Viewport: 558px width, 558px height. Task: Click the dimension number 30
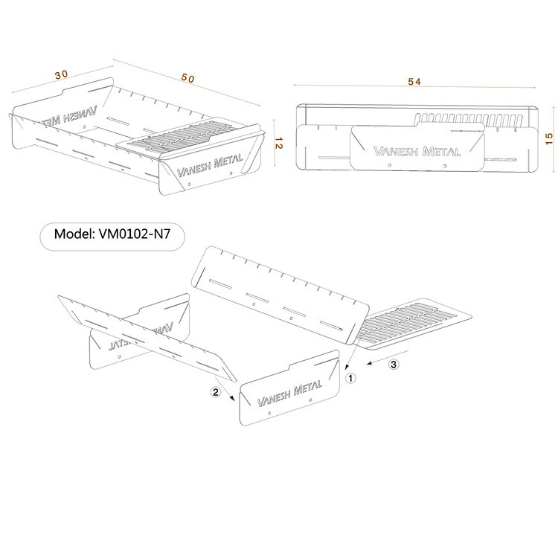click(x=61, y=74)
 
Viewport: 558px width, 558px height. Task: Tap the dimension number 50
click(x=188, y=78)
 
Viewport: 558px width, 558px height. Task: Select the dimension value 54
click(x=414, y=82)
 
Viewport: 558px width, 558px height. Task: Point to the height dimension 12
click(x=279, y=143)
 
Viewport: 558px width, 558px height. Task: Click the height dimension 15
click(x=549, y=138)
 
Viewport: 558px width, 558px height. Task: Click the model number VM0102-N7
click(x=135, y=234)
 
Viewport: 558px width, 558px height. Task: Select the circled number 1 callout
click(x=351, y=378)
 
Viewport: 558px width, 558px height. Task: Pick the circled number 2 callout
click(x=216, y=392)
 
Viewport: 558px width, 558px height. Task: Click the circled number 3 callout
click(x=394, y=365)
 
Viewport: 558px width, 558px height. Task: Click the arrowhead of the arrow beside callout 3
click(x=370, y=363)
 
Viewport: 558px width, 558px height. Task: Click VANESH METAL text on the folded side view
click(x=417, y=152)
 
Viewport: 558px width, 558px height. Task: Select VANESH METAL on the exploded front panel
click(x=289, y=394)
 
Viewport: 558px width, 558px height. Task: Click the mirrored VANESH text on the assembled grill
click(x=69, y=117)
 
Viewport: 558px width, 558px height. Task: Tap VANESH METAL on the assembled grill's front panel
click(x=210, y=165)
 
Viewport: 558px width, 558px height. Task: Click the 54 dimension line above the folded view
click(x=414, y=86)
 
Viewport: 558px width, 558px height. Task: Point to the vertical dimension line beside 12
click(x=275, y=143)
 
